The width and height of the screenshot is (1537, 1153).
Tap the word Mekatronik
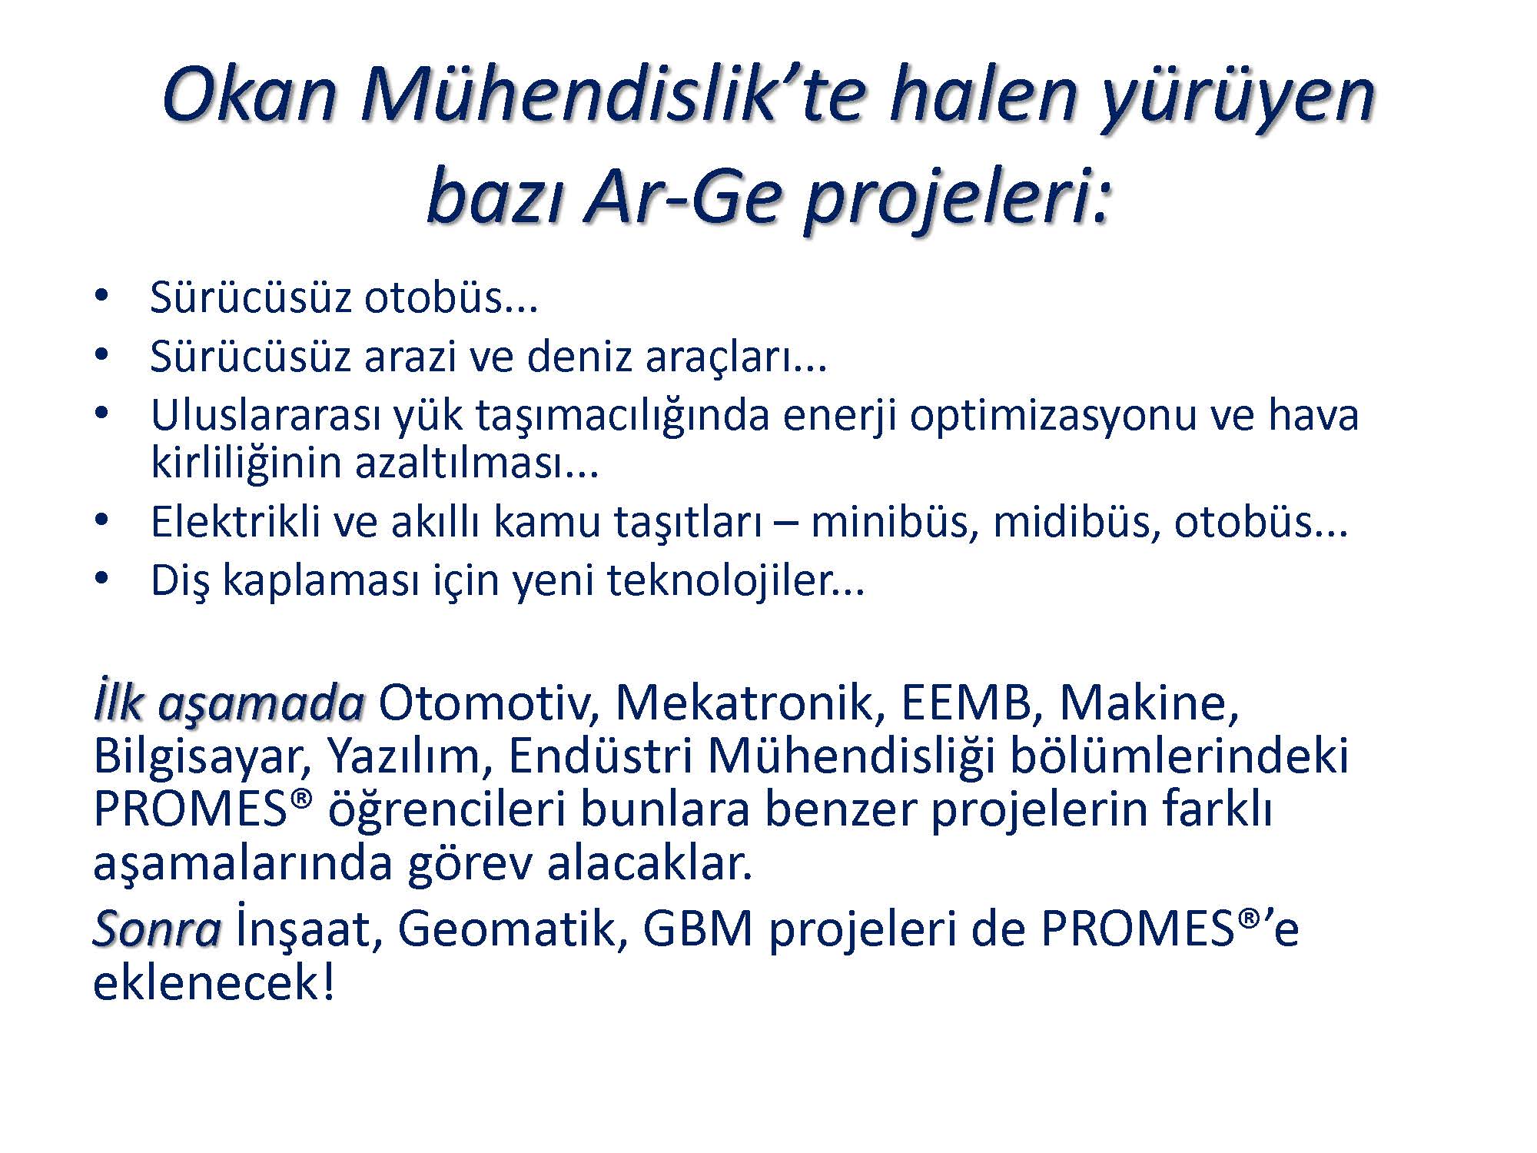click(745, 702)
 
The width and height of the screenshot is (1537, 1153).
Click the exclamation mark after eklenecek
click(329, 982)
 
